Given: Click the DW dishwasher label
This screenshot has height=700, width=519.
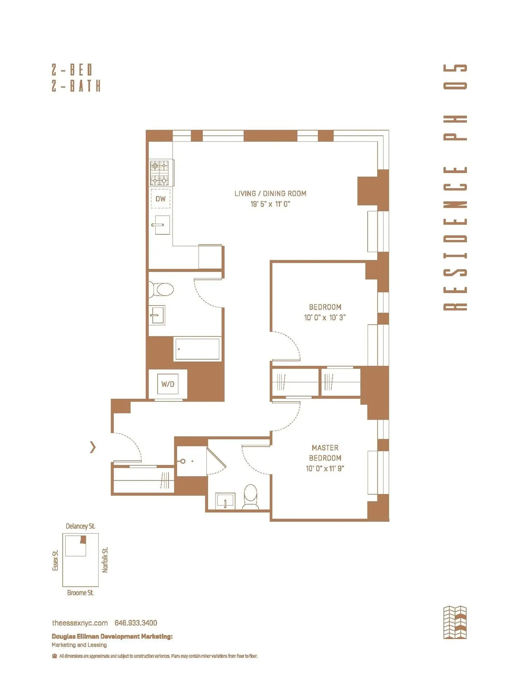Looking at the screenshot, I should click(160, 199).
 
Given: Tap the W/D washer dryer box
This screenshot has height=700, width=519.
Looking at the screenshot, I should click(168, 384).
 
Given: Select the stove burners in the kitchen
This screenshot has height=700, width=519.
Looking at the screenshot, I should click(160, 173).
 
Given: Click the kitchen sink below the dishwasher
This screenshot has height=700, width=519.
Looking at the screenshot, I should click(160, 225).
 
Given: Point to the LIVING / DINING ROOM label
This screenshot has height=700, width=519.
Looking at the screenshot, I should click(270, 194).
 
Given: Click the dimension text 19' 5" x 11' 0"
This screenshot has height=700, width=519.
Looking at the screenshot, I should click(270, 204).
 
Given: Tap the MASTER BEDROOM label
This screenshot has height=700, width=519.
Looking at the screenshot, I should click(325, 453).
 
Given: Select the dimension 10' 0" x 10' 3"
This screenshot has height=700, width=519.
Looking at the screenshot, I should click(325, 317).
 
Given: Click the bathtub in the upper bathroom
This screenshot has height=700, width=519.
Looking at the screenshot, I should click(198, 349).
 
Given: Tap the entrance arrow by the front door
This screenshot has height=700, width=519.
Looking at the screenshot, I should click(93, 447).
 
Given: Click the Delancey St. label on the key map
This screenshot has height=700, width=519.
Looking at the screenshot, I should click(80, 526).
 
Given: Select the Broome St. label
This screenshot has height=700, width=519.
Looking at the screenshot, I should click(80, 593).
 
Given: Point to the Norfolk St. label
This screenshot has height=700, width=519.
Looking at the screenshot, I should click(105, 560).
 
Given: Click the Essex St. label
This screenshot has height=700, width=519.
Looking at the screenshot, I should click(55, 560).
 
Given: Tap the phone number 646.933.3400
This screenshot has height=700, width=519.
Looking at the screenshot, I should click(136, 623).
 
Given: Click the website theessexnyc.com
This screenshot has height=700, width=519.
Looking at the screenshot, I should click(80, 623).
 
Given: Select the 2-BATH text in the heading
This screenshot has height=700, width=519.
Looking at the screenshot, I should click(76, 86).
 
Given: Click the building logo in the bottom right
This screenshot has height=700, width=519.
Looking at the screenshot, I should click(455, 623).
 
